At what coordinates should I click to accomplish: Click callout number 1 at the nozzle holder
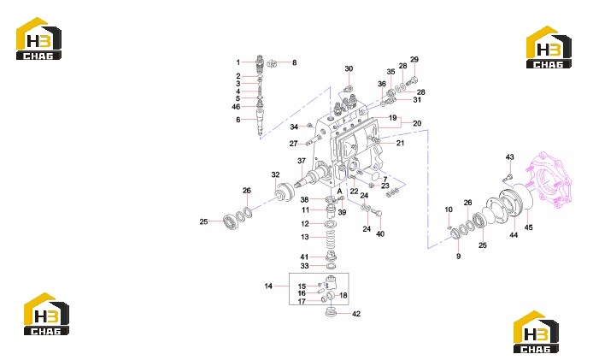click(238, 62)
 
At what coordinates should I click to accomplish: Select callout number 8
click(295, 62)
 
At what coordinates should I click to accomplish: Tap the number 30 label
click(349, 68)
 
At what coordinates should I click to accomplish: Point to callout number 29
click(414, 60)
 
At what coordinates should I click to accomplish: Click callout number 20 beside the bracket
click(417, 123)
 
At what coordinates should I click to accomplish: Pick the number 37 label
click(302, 161)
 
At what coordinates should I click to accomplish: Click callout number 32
click(276, 174)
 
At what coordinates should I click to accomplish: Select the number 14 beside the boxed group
click(268, 286)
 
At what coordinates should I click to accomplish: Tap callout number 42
click(356, 314)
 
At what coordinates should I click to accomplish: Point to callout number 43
click(510, 157)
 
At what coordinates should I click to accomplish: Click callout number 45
click(528, 227)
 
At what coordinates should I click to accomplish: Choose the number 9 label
click(458, 257)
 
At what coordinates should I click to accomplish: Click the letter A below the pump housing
click(339, 192)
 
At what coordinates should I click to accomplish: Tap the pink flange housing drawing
click(550, 180)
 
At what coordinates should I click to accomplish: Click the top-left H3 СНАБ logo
click(38, 38)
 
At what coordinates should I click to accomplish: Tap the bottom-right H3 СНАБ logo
click(536, 332)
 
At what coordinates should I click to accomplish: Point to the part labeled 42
click(331, 313)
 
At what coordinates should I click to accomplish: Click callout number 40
click(380, 234)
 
